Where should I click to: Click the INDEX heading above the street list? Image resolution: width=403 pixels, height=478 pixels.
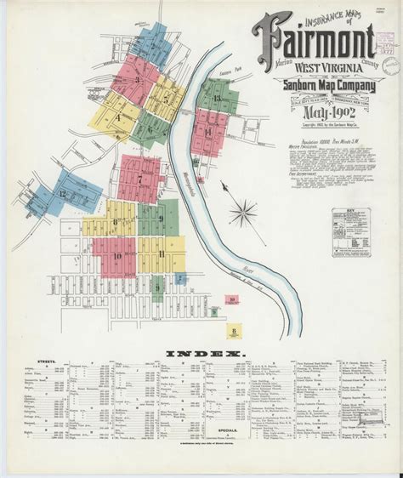(x=202, y=352)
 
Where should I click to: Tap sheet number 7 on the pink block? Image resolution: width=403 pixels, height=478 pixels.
(x=139, y=179)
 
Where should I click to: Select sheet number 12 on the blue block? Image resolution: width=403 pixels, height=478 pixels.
(x=62, y=194)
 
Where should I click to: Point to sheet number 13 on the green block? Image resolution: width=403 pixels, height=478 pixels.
(x=218, y=99)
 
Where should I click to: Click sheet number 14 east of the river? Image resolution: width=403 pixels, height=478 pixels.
(x=207, y=133)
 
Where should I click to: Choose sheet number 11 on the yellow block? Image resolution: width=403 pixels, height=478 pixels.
(x=161, y=253)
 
